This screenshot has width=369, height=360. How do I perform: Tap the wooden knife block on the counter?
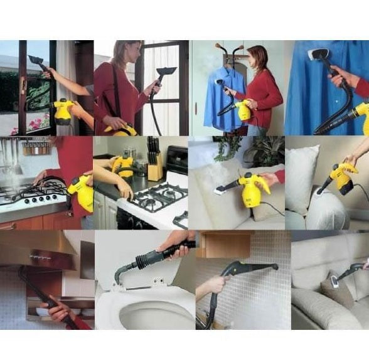point(154,166)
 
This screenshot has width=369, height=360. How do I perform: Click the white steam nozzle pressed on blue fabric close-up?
point(318,55)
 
